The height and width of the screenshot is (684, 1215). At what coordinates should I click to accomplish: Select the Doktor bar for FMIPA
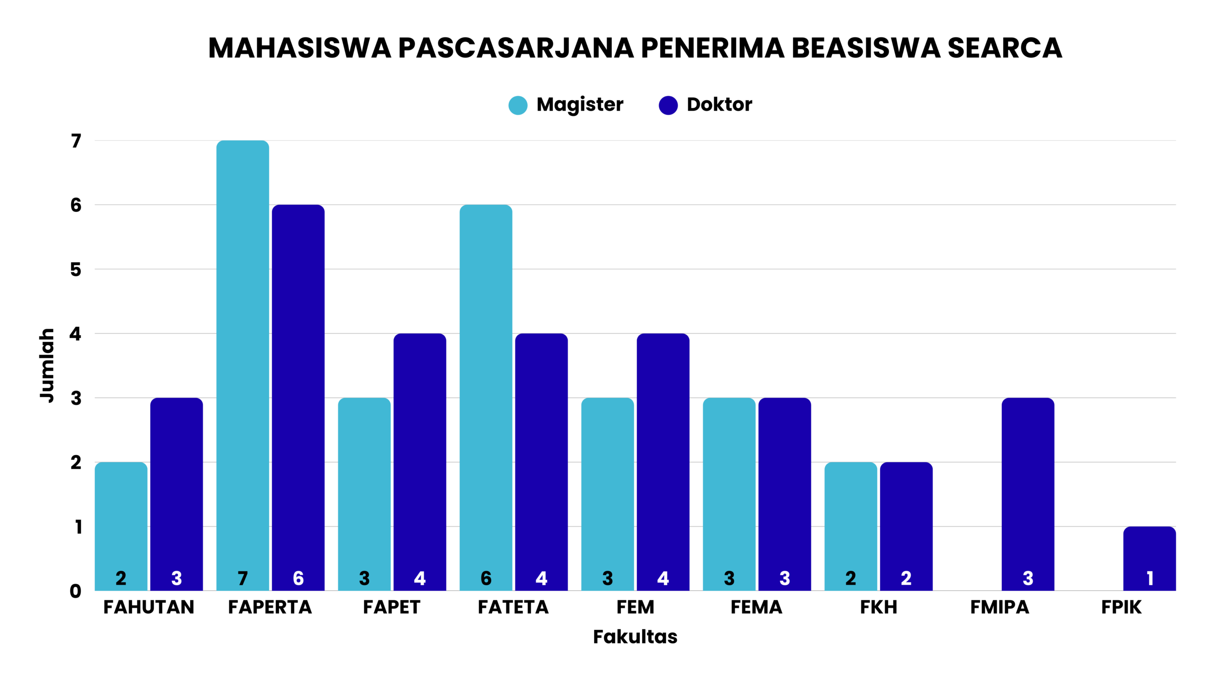(x=1028, y=494)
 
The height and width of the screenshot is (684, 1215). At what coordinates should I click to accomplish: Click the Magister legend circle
(x=518, y=105)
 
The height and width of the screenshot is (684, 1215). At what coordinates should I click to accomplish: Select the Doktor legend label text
(x=719, y=104)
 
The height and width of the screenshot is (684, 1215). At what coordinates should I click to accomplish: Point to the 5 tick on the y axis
(x=76, y=270)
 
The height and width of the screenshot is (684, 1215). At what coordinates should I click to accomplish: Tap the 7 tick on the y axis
(x=76, y=141)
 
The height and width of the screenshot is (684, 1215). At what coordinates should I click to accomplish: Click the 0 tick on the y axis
(x=75, y=591)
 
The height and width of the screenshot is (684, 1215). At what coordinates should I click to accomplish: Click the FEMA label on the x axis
(x=756, y=607)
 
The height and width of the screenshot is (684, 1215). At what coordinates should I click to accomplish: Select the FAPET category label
(x=392, y=607)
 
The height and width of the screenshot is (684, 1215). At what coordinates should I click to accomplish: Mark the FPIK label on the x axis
(x=1121, y=607)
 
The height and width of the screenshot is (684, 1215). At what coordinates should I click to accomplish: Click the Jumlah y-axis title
(x=47, y=365)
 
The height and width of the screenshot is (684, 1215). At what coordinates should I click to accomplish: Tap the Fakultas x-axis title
(x=635, y=636)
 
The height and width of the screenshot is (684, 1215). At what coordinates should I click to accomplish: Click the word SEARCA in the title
(x=1005, y=48)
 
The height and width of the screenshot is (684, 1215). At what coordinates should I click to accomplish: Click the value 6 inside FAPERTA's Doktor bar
(x=298, y=578)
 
